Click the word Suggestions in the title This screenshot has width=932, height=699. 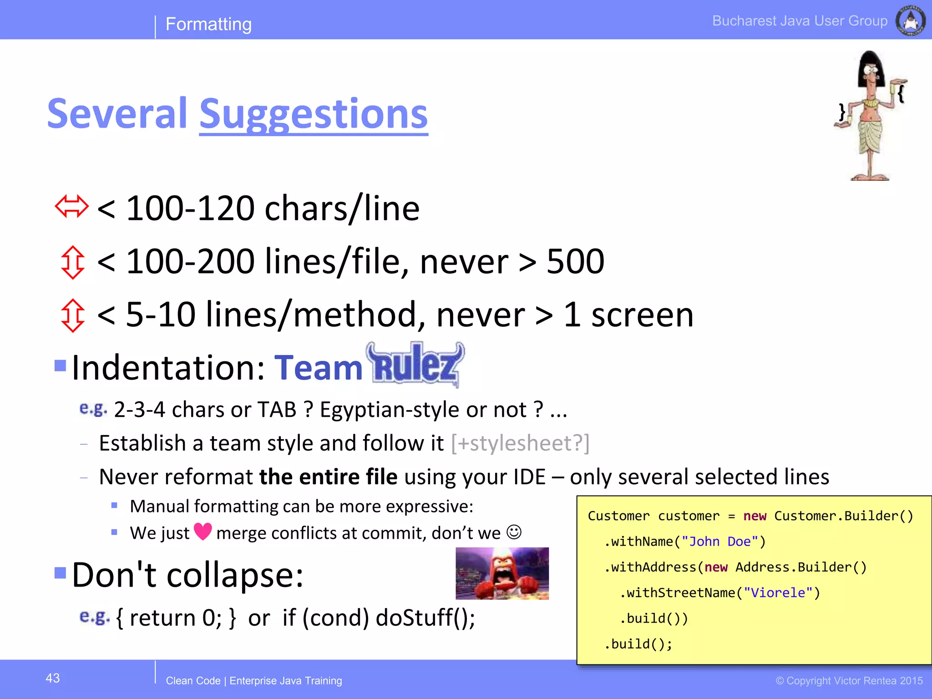click(x=314, y=114)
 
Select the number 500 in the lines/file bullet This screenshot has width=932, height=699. click(x=575, y=262)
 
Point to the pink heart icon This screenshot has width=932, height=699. click(x=203, y=531)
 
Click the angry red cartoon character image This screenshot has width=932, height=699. click(x=502, y=573)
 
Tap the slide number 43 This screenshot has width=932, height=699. click(x=53, y=678)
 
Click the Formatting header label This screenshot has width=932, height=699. click(x=208, y=24)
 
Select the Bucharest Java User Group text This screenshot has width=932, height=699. click(x=800, y=21)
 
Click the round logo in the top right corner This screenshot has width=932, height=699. click(x=910, y=21)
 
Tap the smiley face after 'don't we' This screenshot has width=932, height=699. click(x=514, y=532)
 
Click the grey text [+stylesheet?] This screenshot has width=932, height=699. click(x=520, y=443)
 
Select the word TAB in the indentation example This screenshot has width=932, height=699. click(x=277, y=410)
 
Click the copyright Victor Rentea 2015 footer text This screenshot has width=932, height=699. click(x=849, y=681)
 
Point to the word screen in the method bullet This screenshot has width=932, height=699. click(x=642, y=314)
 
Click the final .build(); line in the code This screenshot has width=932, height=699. click(x=638, y=644)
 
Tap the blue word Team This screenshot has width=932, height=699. click(x=318, y=367)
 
